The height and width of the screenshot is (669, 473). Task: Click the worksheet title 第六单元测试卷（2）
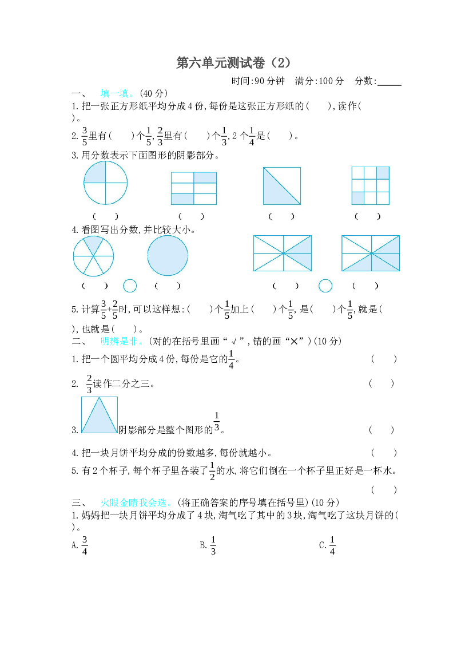click(x=233, y=63)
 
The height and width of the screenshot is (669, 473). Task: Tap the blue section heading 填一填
click(x=114, y=93)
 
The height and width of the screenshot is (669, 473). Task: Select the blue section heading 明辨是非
click(x=119, y=341)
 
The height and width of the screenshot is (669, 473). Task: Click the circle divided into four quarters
click(x=105, y=183)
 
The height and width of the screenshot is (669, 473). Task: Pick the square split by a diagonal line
click(x=282, y=185)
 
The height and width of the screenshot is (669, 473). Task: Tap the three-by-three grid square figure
click(x=370, y=185)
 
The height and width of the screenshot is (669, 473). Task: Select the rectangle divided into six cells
click(x=194, y=188)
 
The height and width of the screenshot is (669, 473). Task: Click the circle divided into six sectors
click(x=93, y=256)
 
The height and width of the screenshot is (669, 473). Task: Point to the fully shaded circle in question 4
click(x=168, y=256)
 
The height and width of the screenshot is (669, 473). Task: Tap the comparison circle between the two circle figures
click(x=130, y=286)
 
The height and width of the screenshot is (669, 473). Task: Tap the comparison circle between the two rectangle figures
click(x=325, y=286)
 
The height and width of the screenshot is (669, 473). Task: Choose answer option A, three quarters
click(x=80, y=545)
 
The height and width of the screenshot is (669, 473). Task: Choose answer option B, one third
click(x=208, y=545)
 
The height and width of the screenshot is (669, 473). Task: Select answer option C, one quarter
click(x=328, y=545)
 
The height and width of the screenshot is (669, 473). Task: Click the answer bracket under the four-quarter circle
click(x=105, y=216)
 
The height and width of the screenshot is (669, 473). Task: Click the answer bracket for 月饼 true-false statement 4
click(x=384, y=452)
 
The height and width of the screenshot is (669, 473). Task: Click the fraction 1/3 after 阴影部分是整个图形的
click(x=217, y=422)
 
